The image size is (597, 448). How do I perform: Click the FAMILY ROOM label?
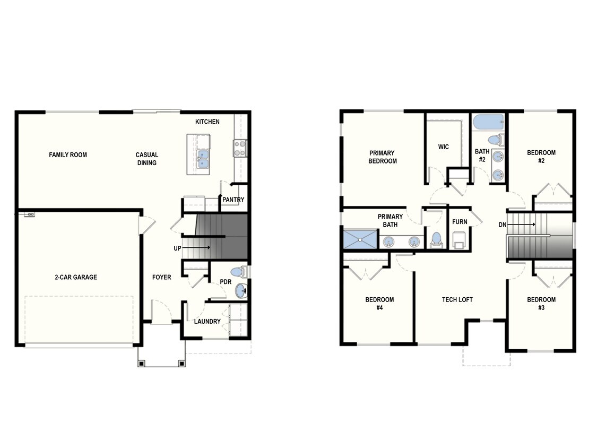click(68, 155)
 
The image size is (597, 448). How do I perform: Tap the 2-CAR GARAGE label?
click(75, 277)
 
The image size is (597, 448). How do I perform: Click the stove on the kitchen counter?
click(240, 148)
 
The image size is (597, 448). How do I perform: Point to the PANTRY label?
click(233, 200)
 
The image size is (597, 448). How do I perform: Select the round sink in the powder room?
click(241, 291)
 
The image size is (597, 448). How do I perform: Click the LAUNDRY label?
click(207, 322)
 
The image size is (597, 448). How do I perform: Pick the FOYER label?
click(162, 277)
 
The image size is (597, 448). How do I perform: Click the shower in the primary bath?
click(360, 239)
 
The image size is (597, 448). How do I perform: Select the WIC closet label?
click(444, 147)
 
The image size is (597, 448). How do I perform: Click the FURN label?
click(460, 222)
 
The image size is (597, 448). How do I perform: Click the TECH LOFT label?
click(457, 300)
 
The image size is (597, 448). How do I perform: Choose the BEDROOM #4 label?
click(379, 304)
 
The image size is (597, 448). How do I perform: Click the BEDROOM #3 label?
click(541, 304)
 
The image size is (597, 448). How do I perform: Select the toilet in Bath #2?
click(495, 140)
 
